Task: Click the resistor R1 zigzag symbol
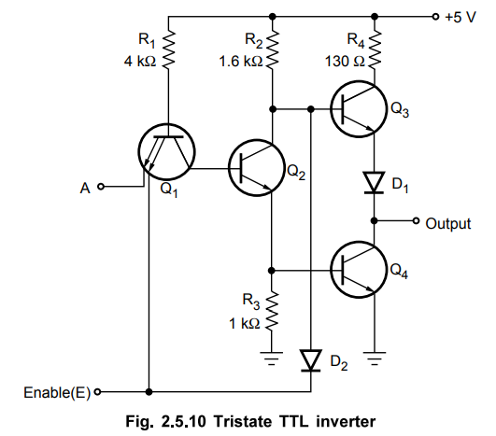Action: pos(168,49)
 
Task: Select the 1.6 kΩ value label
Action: pos(241,61)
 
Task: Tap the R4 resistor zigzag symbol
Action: pos(375,49)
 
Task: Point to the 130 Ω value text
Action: pos(345,61)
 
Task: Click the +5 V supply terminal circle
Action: pos(436,16)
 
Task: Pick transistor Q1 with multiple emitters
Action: pos(166,151)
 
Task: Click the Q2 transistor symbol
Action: pos(257,167)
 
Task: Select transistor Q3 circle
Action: pos(359,109)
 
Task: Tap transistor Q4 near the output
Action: pos(359,270)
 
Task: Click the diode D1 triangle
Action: pos(374,182)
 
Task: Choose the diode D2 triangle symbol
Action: pos(311,360)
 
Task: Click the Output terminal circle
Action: pos(417,220)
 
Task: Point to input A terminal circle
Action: pos(101,186)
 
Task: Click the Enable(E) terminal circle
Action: pos(98,392)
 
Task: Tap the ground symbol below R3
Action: pos(272,359)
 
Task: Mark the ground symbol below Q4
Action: pos(375,359)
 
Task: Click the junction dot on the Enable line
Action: pos(149,392)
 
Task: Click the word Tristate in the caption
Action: pos(243,421)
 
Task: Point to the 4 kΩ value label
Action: pos(140,61)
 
